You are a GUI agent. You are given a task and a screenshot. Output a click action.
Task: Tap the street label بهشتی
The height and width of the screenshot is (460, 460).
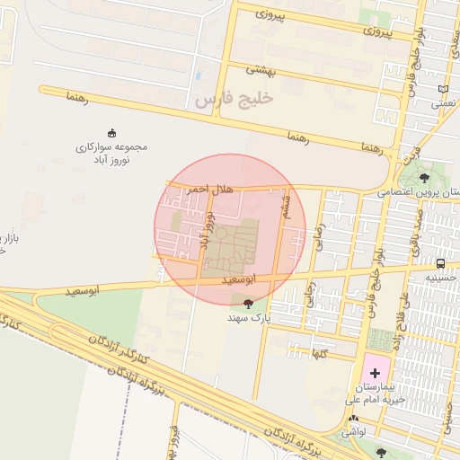tap(262, 71)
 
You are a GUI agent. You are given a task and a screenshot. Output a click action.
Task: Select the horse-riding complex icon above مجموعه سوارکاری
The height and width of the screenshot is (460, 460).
tap(111, 133)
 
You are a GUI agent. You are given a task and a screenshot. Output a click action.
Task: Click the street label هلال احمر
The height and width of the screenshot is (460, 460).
tap(197, 190)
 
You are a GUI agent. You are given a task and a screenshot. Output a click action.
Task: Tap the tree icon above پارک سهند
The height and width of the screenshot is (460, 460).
tap(248, 304)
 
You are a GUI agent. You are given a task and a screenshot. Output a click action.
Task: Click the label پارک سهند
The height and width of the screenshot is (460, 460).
tap(248, 318)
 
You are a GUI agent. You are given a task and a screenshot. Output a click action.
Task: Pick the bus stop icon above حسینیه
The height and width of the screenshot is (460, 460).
tap(440, 263)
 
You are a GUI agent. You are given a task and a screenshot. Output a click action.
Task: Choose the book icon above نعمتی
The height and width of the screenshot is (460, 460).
tap(442, 89)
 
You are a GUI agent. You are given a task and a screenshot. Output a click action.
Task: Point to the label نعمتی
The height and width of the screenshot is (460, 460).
tap(442, 103)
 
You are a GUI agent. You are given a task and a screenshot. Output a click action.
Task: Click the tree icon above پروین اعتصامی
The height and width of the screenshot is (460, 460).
tap(424, 178)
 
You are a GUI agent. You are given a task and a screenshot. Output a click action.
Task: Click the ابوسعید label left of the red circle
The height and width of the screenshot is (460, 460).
tap(82, 291)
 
